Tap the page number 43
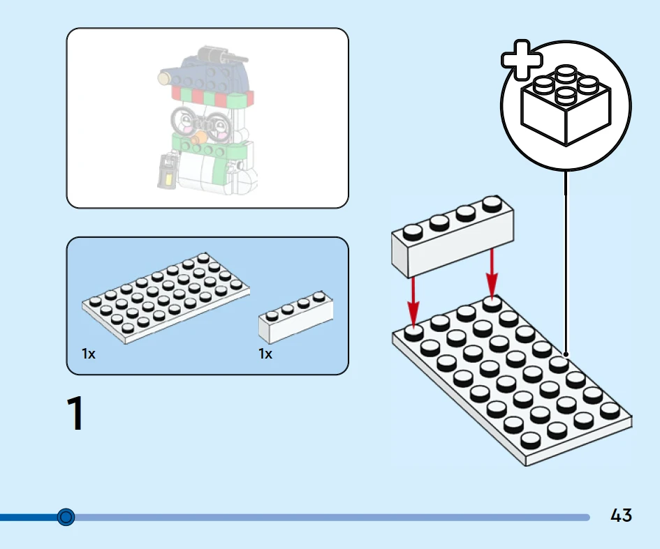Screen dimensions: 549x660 coord(621,516)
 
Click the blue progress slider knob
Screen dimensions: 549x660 coord(66,517)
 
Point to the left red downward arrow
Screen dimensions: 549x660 coord(413,299)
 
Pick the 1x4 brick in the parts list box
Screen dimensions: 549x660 coord(295,317)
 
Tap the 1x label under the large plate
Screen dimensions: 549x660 coord(89,354)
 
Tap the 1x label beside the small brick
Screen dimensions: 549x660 coord(265,354)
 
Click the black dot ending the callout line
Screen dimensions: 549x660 coord(566,354)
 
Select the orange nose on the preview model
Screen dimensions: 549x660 coord(203,132)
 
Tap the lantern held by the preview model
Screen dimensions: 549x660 coord(166,172)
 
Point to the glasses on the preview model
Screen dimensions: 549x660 coord(203,120)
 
